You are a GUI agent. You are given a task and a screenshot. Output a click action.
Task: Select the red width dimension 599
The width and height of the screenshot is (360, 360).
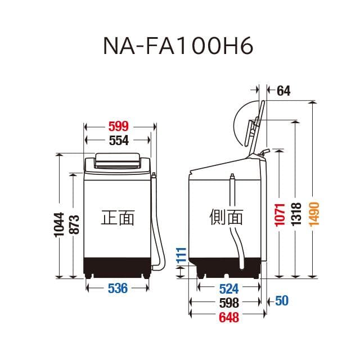(x=118, y=126)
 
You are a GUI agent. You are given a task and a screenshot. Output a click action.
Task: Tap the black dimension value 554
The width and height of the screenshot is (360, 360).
(x=118, y=141)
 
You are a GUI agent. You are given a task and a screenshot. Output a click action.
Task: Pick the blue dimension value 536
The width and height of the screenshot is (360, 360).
(x=118, y=289)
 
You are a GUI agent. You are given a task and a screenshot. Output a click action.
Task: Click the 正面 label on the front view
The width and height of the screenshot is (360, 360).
(x=118, y=217)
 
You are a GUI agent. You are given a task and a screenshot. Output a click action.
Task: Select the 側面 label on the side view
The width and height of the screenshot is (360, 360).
(x=226, y=217)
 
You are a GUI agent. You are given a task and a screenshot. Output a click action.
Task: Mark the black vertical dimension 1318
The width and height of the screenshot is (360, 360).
(x=297, y=215)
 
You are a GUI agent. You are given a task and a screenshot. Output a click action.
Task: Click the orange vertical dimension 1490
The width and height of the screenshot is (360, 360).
(x=314, y=215)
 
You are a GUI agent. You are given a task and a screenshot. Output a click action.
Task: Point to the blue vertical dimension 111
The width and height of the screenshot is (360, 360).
(x=181, y=255)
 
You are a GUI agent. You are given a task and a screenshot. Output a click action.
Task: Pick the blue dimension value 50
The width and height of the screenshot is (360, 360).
(x=282, y=301)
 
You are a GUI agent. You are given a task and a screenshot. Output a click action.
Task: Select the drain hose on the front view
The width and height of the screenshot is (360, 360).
(x=159, y=225)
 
